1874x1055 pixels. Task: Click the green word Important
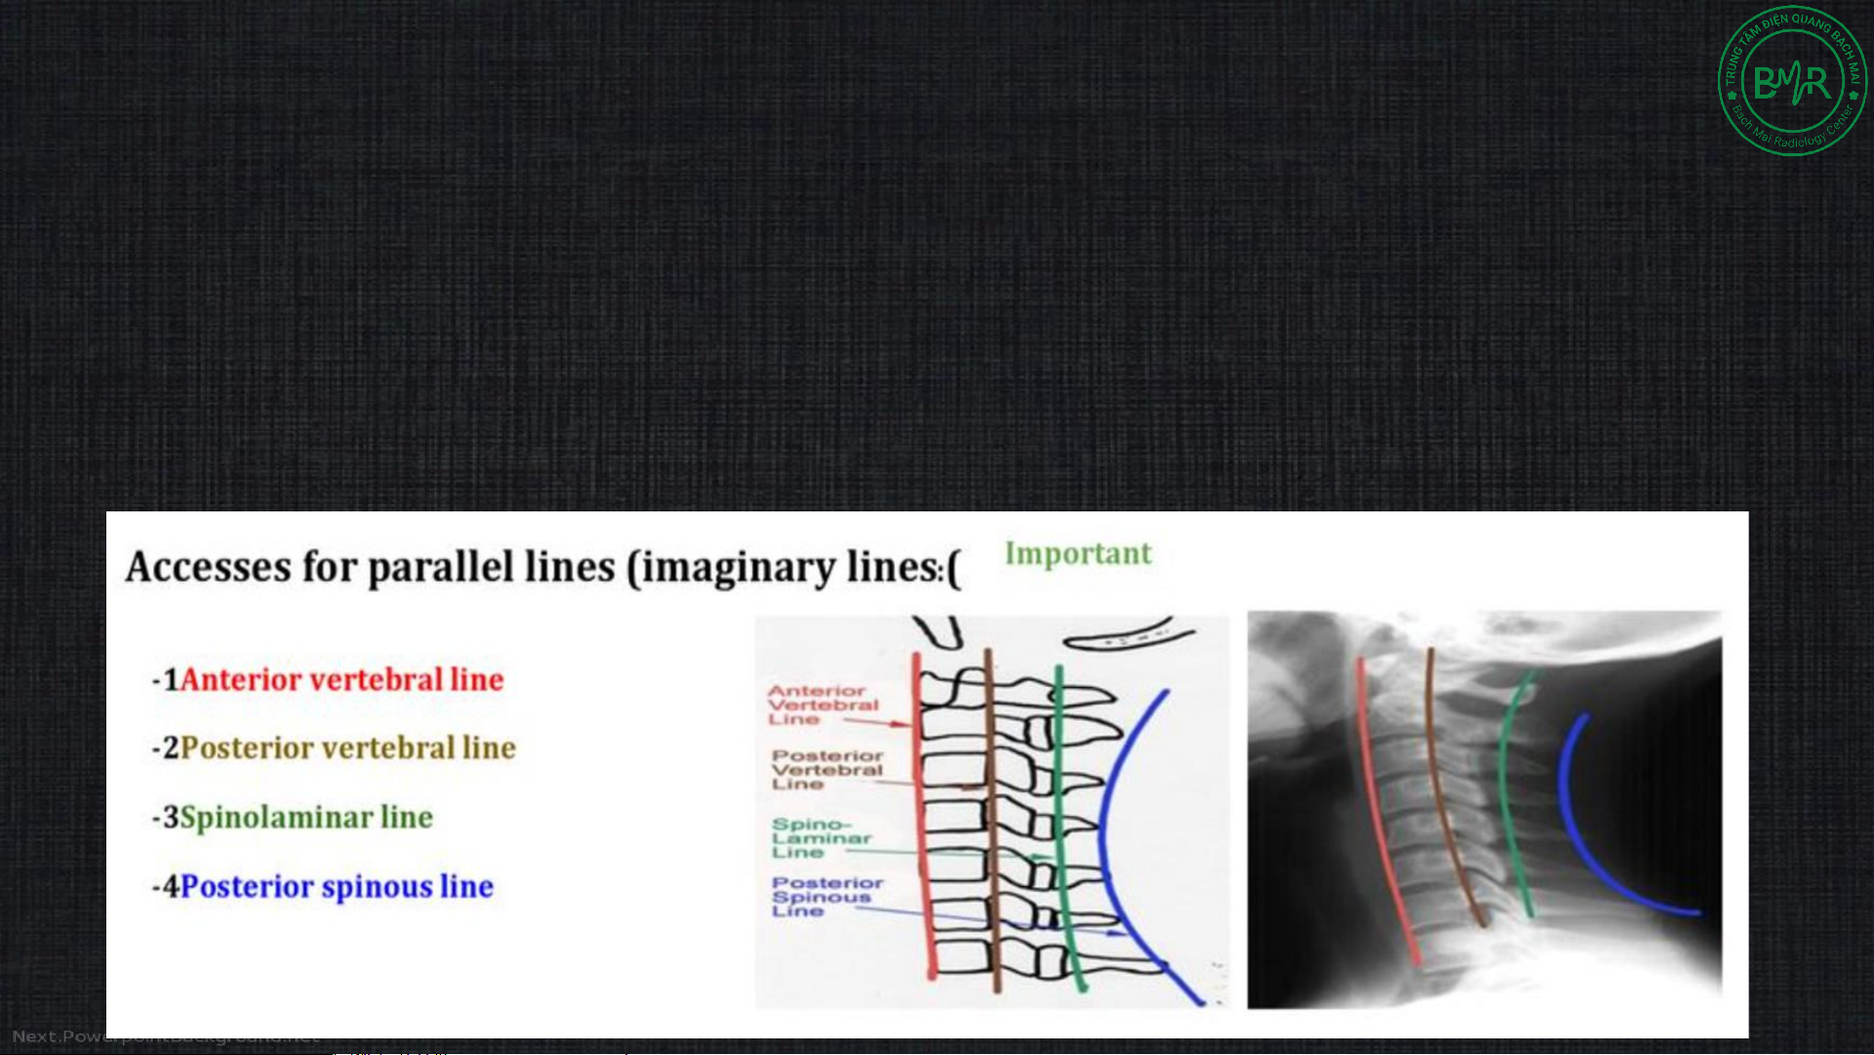[1078, 553]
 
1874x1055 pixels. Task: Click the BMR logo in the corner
[1791, 81]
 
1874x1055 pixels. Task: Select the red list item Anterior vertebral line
[341, 679]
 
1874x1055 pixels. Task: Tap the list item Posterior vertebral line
[348, 748]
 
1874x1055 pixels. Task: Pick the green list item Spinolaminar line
[306, 817]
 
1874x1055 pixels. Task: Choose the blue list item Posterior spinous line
[337, 886]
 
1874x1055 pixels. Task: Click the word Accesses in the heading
[208, 567]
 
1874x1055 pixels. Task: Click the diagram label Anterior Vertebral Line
[821, 705]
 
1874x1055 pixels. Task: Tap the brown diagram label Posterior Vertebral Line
[826, 769]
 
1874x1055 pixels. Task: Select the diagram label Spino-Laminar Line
[819, 838]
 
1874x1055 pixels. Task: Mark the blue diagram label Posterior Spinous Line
[826, 896]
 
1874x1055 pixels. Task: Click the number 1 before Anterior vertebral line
[171, 679]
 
